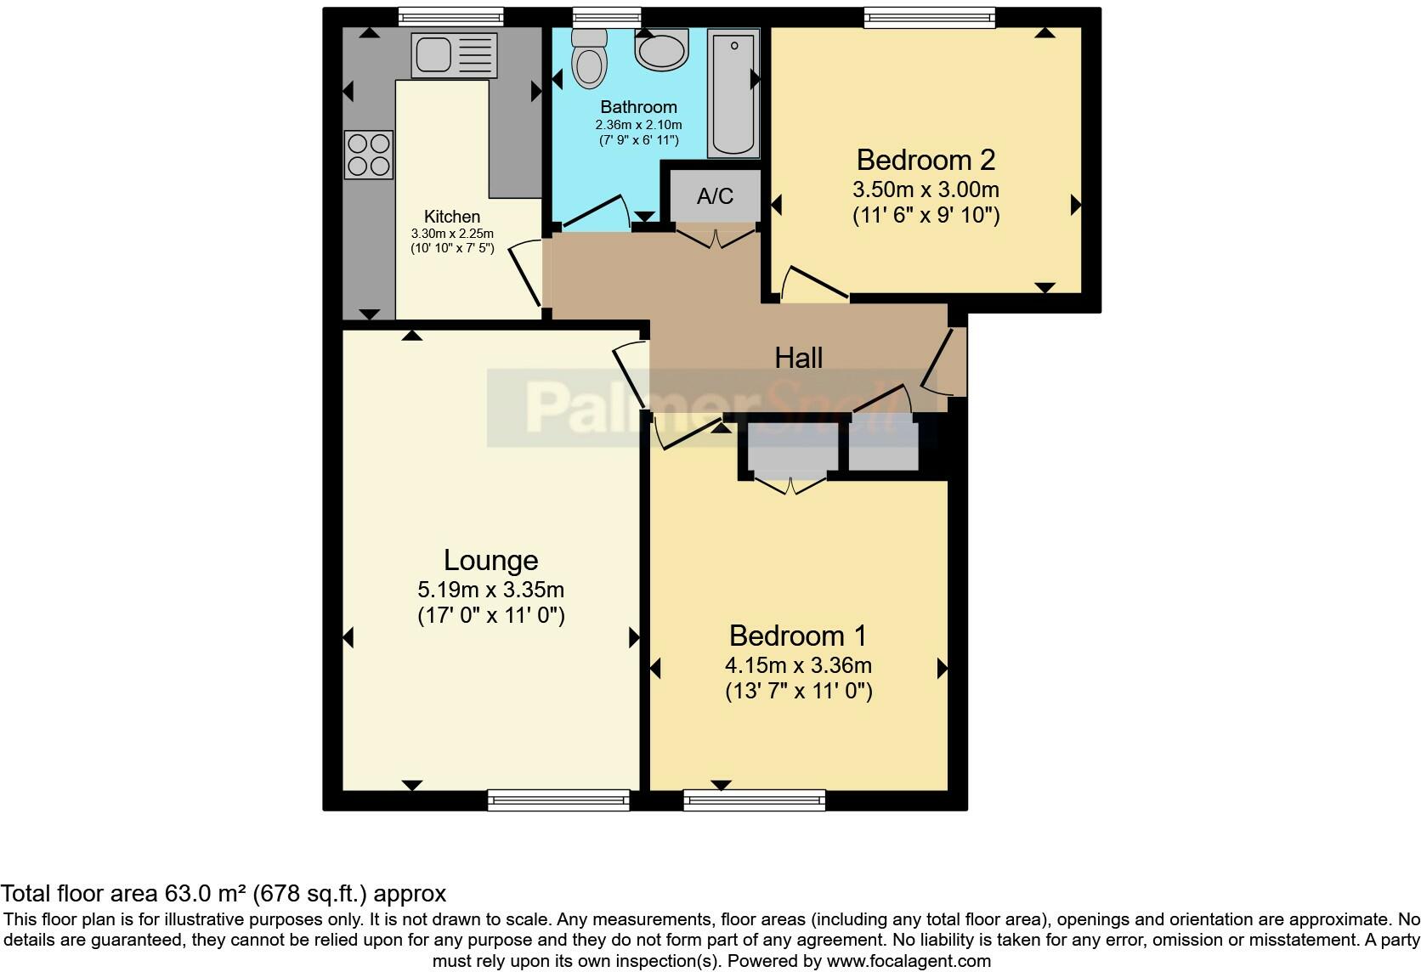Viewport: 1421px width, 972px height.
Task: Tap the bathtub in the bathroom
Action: click(733, 93)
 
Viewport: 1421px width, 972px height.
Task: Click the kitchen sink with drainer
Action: click(452, 54)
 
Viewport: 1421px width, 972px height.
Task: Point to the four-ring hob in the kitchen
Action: click(369, 155)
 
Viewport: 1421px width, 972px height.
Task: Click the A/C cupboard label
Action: click(715, 196)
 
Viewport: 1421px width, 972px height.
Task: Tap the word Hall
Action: click(798, 358)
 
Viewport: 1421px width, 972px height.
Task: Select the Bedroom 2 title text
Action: click(925, 160)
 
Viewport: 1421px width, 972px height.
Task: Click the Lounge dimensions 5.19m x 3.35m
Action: click(490, 589)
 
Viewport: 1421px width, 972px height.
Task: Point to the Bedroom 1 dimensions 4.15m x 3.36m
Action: click(798, 665)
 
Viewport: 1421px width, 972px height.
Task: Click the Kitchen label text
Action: click(452, 217)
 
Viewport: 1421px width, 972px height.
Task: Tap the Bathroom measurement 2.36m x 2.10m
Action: click(638, 124)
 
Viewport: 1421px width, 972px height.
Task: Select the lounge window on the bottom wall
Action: click(558, 800)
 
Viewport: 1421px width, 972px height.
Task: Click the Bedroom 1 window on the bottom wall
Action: click(754, 800)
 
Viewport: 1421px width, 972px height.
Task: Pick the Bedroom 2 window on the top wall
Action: click(929, 17)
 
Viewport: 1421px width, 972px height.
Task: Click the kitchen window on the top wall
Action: click(450, 17)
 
